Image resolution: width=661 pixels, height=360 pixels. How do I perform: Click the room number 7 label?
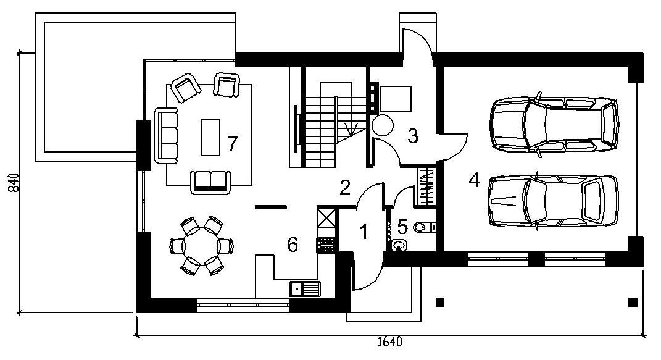(232, 144)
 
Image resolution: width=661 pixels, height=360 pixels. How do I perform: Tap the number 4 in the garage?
(474, 180)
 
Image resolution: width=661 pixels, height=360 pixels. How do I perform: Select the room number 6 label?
(292, 245)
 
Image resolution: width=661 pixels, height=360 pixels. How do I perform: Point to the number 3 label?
(413, 136)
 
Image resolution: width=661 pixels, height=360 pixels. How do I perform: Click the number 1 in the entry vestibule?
(364, 232)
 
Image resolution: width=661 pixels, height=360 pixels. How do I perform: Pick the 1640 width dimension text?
(390, 341)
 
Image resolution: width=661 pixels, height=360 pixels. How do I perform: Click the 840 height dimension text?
(14, 183)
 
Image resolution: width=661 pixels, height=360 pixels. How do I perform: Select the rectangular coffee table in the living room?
(210, 138)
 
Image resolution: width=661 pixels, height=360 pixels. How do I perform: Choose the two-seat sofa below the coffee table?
(211, 182)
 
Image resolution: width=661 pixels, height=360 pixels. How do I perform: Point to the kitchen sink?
(305, 289)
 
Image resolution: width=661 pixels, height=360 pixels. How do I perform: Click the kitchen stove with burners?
(325, 245)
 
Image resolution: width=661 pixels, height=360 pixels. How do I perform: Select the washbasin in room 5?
(398, 245)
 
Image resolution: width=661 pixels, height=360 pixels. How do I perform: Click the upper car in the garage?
(554, 124)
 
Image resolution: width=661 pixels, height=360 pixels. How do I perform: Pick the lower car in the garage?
(553, 201)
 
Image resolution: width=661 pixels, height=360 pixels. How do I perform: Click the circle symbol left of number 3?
(383, 125)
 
